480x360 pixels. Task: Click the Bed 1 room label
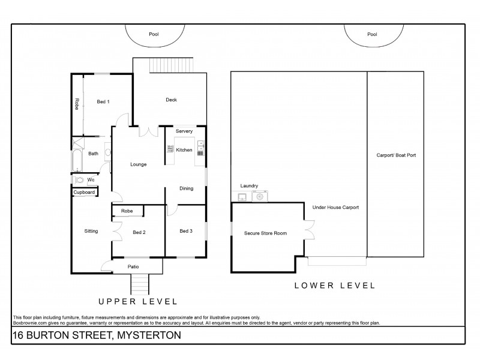103,102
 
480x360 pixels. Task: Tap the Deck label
172,100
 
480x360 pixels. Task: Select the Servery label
184,131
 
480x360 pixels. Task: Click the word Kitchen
184,150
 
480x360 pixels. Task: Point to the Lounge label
139,164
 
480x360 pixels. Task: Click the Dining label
187,188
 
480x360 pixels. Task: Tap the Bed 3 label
187,230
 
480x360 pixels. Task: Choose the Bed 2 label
139,232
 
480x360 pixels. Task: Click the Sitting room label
91,230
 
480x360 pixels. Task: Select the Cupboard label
84,193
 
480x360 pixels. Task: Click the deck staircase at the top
172,64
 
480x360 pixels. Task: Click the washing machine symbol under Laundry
260,196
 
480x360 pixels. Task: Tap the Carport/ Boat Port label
396,155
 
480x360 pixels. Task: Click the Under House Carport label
335,208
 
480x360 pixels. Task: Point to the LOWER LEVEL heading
335,286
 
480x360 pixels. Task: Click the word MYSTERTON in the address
142,336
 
